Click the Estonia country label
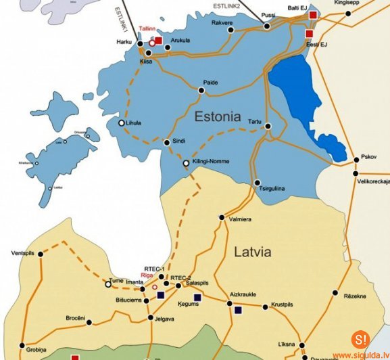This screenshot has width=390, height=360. [x=217, y=116]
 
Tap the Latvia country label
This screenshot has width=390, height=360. [x=252, y=252]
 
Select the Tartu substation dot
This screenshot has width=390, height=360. [x=268, y=126]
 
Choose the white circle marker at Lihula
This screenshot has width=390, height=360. [x=122, y=123]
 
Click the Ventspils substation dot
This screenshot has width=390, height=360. [x=41, y=254]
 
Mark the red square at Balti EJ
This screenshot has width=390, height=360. [x=313, y=14]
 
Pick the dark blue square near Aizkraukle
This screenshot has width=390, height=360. [x=238, y=310]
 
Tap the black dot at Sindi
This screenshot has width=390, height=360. [x=167, y=142]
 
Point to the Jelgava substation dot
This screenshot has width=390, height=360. [x=151, y=317]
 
